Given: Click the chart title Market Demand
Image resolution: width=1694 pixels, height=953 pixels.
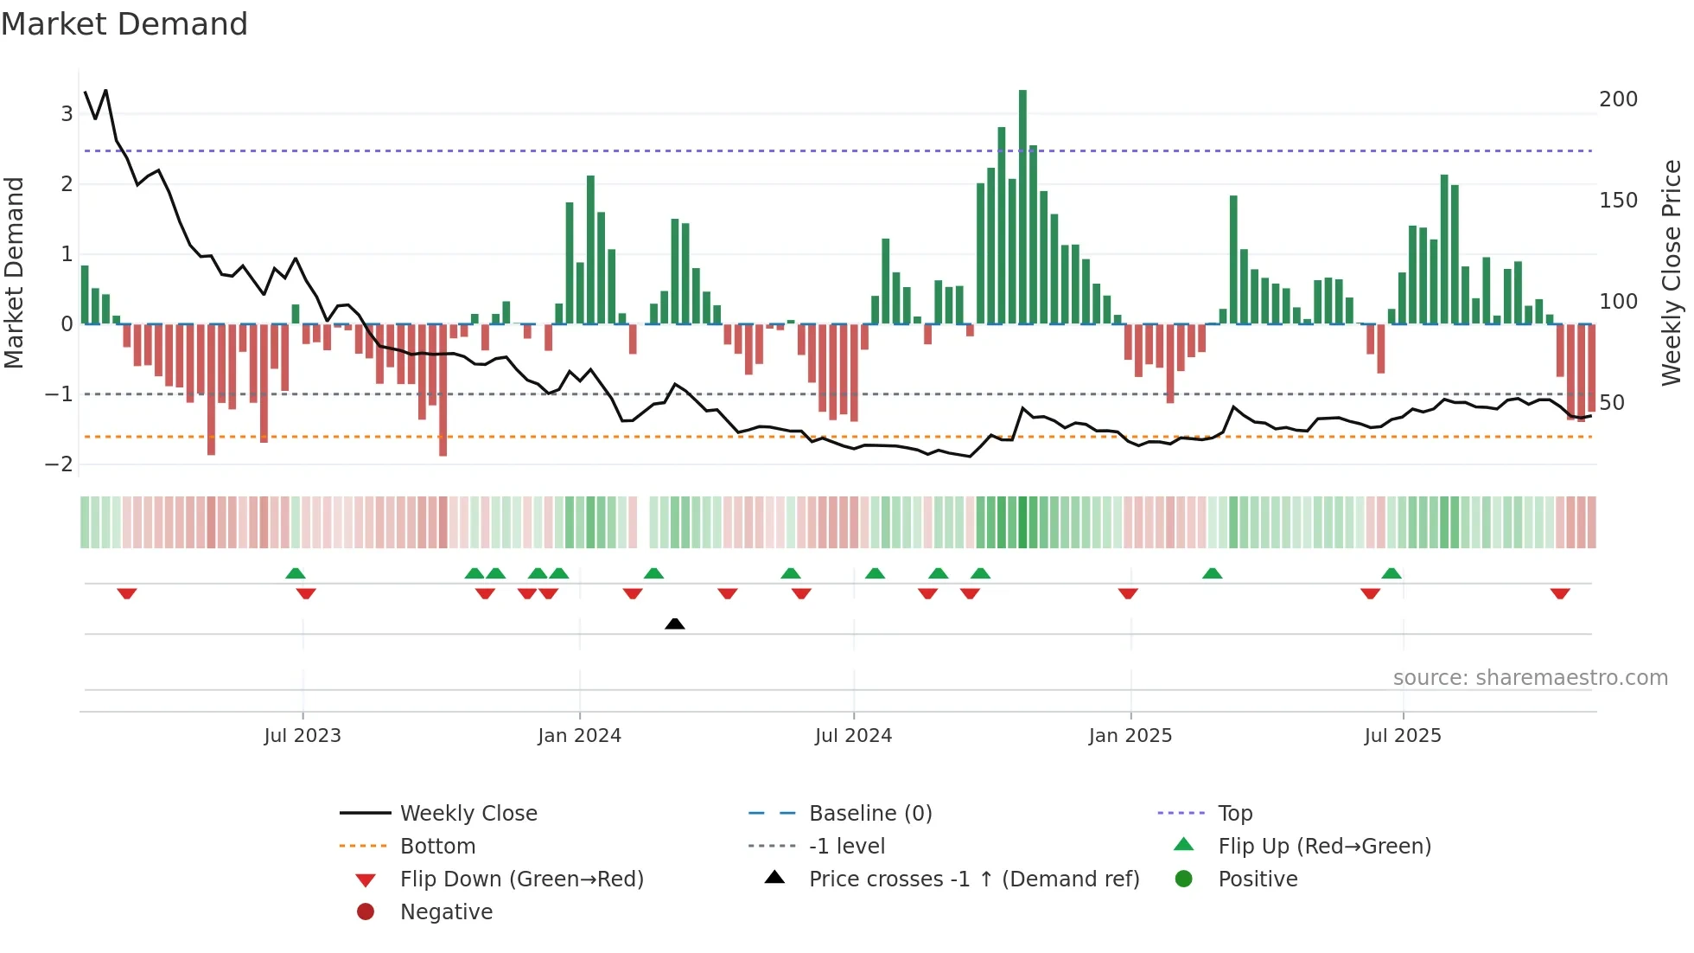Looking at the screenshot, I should coord(124,24).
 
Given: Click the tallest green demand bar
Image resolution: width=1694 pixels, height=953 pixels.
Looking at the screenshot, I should coord(1022,208).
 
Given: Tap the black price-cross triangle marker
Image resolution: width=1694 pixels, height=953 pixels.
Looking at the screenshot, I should coord(675,624).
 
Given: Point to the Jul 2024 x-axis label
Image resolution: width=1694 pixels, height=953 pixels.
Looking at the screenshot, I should coord(853,736).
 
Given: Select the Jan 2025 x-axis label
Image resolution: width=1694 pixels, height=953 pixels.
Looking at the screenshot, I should coord(1130,736).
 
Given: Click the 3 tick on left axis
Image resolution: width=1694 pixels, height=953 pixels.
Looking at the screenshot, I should coord(67,113).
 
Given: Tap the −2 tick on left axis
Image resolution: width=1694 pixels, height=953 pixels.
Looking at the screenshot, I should coord(60,464).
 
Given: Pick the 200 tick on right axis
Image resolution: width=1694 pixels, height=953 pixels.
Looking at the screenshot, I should coord(1618,99).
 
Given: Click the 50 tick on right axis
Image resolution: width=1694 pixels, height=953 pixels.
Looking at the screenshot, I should coord(1611,403).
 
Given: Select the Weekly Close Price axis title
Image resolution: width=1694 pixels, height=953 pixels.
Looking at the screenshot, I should coord(1672,272).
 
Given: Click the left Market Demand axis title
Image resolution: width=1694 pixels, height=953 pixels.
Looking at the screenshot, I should coord(14,272).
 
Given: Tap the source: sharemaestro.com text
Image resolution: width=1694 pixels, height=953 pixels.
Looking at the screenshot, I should coord(1530,678).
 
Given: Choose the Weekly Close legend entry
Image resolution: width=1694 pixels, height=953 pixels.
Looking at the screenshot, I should coord(468,814).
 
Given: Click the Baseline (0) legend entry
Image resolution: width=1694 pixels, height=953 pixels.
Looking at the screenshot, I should coord(869,814).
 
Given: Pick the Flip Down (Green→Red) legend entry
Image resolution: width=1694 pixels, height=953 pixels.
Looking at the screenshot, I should coord(521,879).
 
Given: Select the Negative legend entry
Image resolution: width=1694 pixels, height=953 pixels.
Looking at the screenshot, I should coord(446,912).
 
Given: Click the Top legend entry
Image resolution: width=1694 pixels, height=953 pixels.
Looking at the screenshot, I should coord(1234,814).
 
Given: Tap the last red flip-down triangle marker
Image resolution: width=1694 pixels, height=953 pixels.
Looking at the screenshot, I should coord(1560,593).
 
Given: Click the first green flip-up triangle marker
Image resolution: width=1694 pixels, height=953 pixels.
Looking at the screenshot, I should coord(296,573).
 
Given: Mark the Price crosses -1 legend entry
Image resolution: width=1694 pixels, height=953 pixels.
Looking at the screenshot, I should coord(973,879).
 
